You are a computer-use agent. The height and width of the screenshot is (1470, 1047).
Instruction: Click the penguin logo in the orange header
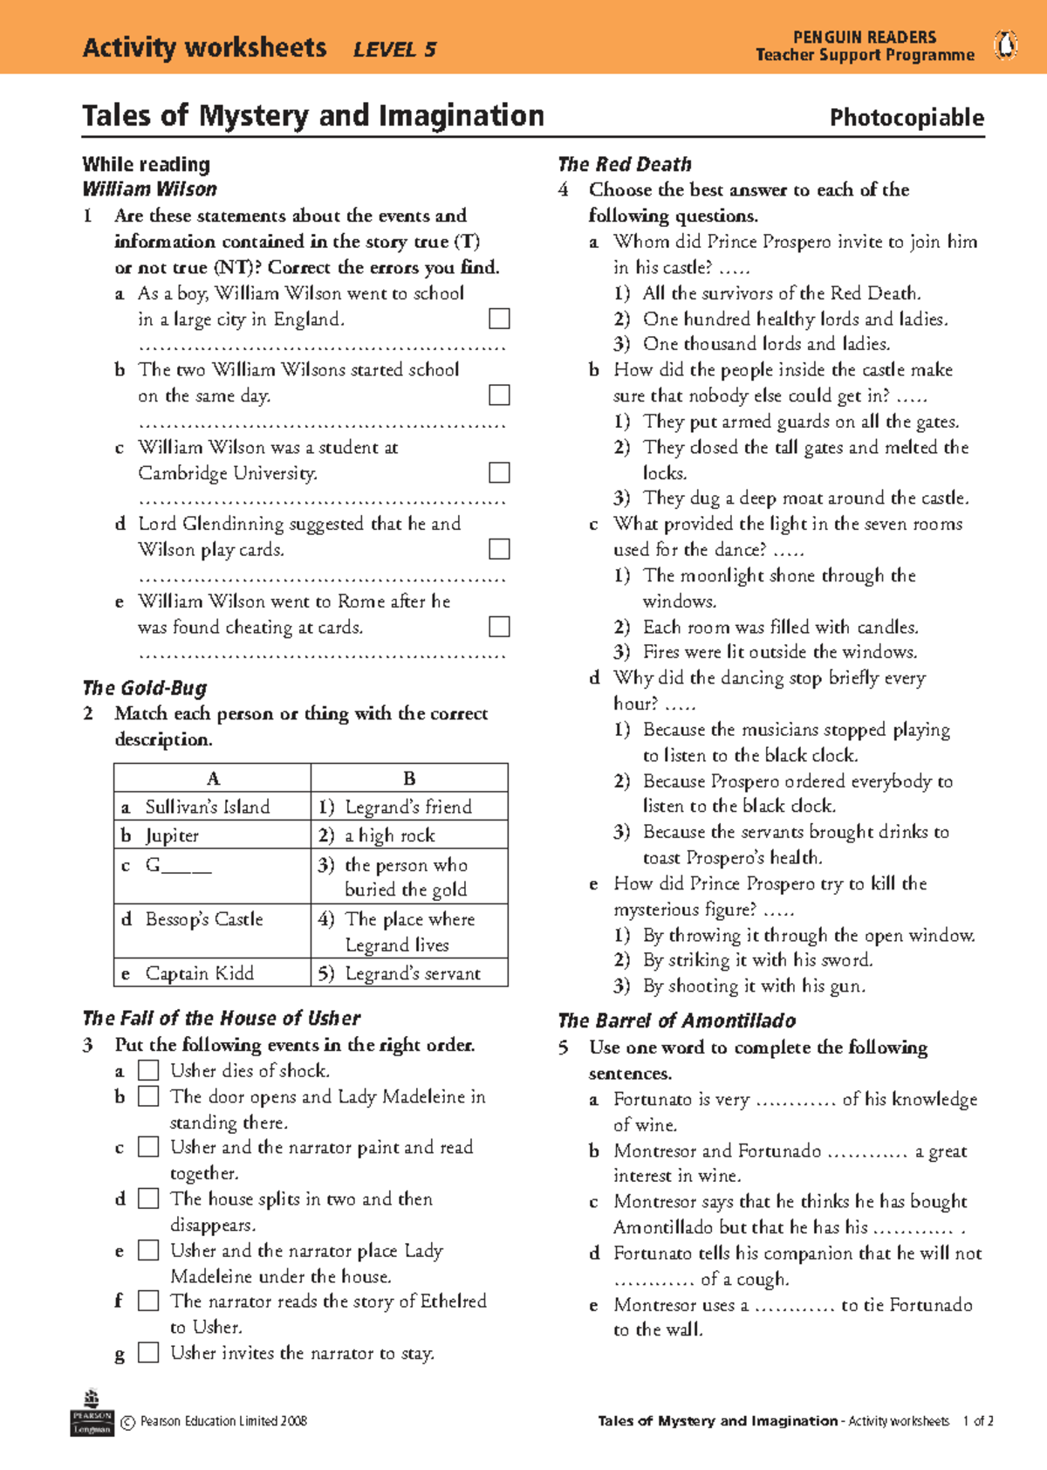[x=1006, y=45]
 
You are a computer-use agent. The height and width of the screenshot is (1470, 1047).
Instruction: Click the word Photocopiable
[x=907, y=118]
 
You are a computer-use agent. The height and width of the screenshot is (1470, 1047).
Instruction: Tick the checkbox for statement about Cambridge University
[x=499, y=472]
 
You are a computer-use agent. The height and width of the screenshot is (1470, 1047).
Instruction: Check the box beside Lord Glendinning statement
[x=499, y=549]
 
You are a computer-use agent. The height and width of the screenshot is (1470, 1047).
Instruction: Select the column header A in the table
[x=213, y=778]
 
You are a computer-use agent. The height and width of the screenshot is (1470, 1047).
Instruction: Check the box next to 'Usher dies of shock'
[x=149, y=1070]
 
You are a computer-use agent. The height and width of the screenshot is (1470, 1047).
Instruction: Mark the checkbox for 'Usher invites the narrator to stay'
[x=149, y=1353]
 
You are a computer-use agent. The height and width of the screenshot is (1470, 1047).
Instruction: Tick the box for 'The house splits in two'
[x=149, y=1199]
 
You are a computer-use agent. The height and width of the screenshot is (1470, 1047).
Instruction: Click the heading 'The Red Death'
[x=625, y=164]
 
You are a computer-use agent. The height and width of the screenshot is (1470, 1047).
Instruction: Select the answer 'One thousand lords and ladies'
[x=766, y=344]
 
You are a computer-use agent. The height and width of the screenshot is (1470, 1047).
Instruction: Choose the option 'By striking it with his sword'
[x=757, y=960]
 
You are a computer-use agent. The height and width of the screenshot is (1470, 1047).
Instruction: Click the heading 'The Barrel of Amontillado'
[x=677, y=1020]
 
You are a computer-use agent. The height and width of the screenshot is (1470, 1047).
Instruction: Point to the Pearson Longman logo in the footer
[x=92, y=1414]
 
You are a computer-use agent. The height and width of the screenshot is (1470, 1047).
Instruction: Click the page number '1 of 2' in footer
[x=978, y=1421]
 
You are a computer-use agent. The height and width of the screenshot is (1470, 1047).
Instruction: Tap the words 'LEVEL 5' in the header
[x=394, y=50]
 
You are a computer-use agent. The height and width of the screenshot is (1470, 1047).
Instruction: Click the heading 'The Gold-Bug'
[x=145, y=688]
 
